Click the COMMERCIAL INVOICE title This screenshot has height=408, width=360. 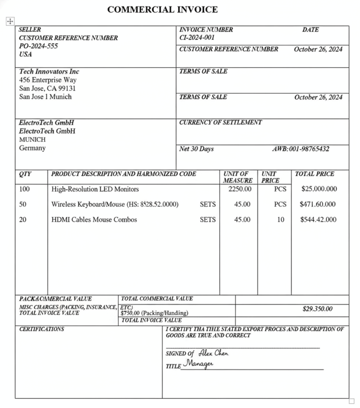point(162,9)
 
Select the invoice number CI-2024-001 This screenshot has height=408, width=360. point(196,38)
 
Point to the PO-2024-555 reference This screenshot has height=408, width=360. point(38,46)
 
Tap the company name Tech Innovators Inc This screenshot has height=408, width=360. point(49,71)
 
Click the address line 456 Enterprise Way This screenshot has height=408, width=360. point(48,80)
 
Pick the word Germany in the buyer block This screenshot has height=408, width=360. point(32,148)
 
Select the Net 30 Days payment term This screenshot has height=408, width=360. point(196,149)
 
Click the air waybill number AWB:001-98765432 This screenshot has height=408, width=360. point(300,149)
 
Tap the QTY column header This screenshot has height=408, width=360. point(25,174)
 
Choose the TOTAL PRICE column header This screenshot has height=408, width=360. point(315,174)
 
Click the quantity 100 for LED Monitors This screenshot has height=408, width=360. point(24,189)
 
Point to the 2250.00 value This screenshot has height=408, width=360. point(240,189)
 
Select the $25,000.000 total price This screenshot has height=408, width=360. point(319,189)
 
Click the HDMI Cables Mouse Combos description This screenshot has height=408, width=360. point(94,219)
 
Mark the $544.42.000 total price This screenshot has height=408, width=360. point(318,219)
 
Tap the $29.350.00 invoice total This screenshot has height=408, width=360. point(317,309)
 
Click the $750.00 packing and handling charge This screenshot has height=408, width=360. point(154,313)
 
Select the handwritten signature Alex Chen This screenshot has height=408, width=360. point(213,353)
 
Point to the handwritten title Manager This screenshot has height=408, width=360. point(198,363)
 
